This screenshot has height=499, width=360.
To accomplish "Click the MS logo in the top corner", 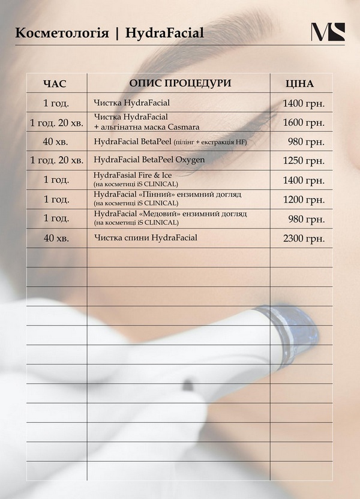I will tap(328, 32).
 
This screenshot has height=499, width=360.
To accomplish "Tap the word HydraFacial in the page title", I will tap(164, 33).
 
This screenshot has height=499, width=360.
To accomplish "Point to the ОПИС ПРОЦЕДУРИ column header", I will tap(180, 83).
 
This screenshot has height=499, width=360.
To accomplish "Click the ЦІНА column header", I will tap(300, 83).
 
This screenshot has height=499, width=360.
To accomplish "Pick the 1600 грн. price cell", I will tap(304, 122).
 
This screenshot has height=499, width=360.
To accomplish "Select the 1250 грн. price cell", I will tap(304, 160).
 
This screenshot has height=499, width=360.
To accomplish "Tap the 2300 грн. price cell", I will tap(304, 238).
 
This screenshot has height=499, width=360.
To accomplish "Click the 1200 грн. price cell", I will tap(304, 199).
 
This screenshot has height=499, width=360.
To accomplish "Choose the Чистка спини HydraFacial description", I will tap(146, 238).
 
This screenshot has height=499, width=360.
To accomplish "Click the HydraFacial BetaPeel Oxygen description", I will tap(149, 160).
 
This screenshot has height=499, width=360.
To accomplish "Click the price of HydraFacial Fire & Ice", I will tap(304, 179).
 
